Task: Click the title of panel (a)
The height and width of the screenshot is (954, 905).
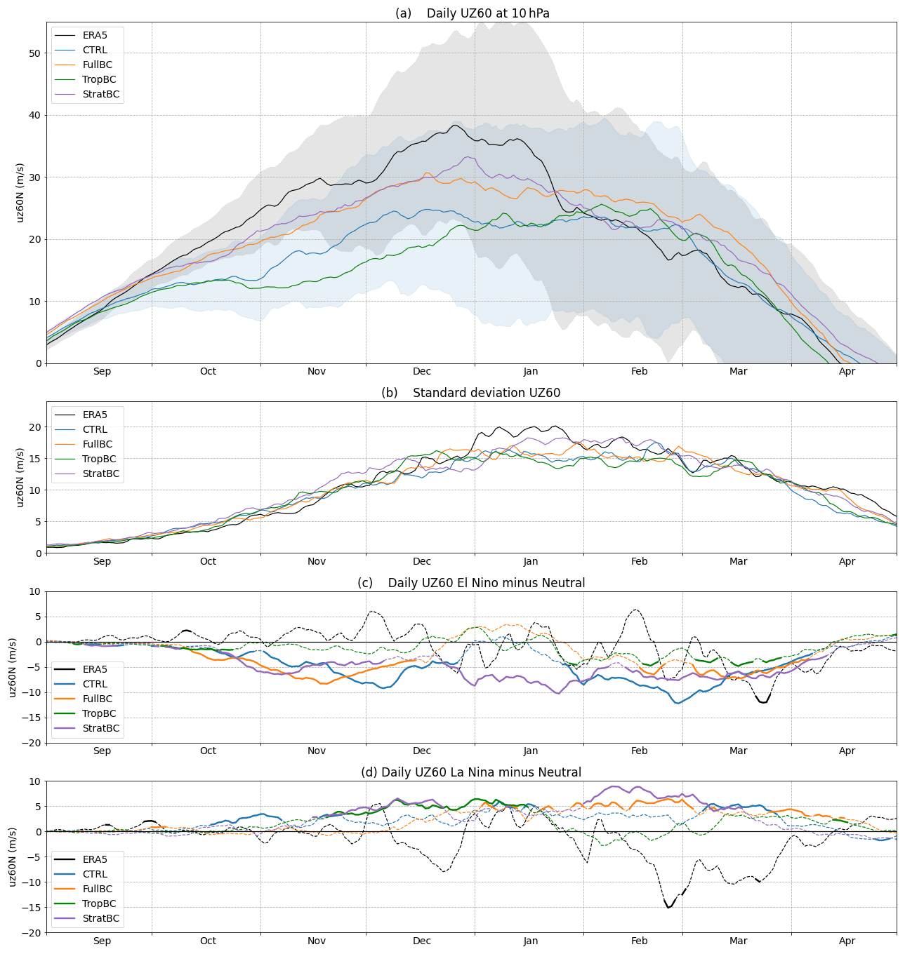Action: pyautogui.click(x=472, y=13)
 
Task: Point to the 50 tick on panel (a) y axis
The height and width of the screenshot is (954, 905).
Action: pyautogui.click(x=34, y=53)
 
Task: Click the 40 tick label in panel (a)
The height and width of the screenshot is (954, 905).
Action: pyautogui.click(x=34, y=115)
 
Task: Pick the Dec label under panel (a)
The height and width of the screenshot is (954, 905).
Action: pyautogui.click(x=422, y=371)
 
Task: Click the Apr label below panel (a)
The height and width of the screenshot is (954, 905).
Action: pyautogui.click(x=847, y=371)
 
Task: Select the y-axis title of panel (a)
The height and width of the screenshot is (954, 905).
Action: pyautogui.click(x=20, y=192)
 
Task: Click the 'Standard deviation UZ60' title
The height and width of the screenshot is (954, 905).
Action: pyautogui.click(x=470, y=393)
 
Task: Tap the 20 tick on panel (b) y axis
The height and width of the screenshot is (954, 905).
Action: pyautogui.click(x=34, y=427)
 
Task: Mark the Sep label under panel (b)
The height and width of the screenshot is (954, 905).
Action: pyautogui.click(x=102, y=561)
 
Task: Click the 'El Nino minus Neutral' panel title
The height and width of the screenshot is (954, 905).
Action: pyautogui.click(x=471, y=583)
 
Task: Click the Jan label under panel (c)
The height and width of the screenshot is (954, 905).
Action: pyautogui.click(x=530, y=751)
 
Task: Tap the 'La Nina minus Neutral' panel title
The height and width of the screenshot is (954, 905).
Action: pyautogui.click(x=471, y=772)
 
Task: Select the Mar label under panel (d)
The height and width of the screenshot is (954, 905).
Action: pyautogui.click(x=738, y=941)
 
